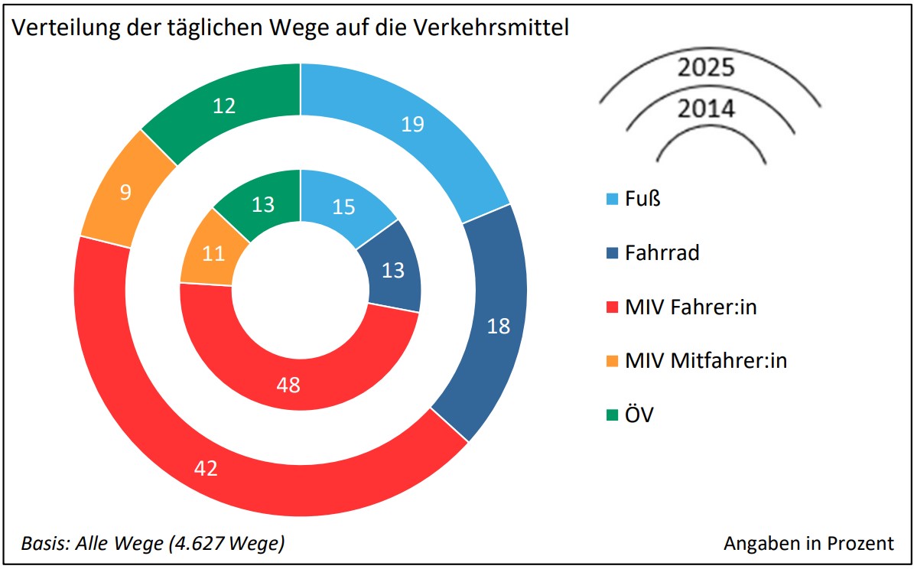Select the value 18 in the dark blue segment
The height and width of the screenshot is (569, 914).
tap(498, 326)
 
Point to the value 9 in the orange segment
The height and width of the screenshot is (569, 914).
tap(125, 191)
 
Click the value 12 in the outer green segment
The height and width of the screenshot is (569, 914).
tap(223, 106)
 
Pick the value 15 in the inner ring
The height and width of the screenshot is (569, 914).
tap(344, 206)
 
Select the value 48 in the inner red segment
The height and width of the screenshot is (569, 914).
tap(288, 384)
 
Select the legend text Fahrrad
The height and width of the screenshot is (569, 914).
tap(662, 252)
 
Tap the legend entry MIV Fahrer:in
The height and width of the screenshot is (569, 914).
tap(690, 307)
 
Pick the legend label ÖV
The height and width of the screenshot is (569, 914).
tap(639, 415)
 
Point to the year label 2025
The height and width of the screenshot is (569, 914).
tap(706, 67)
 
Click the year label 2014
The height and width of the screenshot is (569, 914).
tap(706, 109)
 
